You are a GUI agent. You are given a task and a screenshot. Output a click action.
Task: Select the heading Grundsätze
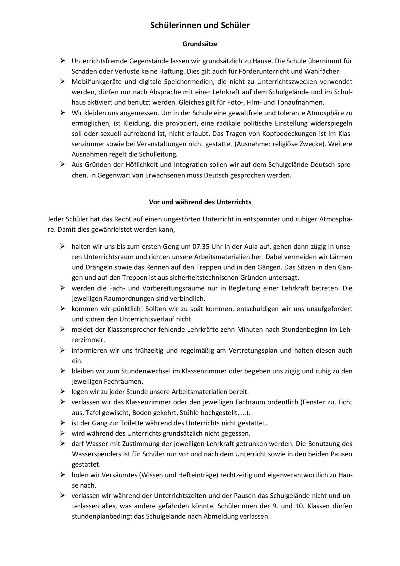click(x=200, y=44)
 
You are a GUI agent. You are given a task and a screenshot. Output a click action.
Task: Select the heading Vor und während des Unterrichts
click(x=200, y=202)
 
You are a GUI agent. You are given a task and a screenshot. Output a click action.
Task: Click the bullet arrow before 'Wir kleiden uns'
click(x=62, y=113)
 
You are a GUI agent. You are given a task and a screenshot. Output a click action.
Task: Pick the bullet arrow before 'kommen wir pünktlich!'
click(x=62, y=308)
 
